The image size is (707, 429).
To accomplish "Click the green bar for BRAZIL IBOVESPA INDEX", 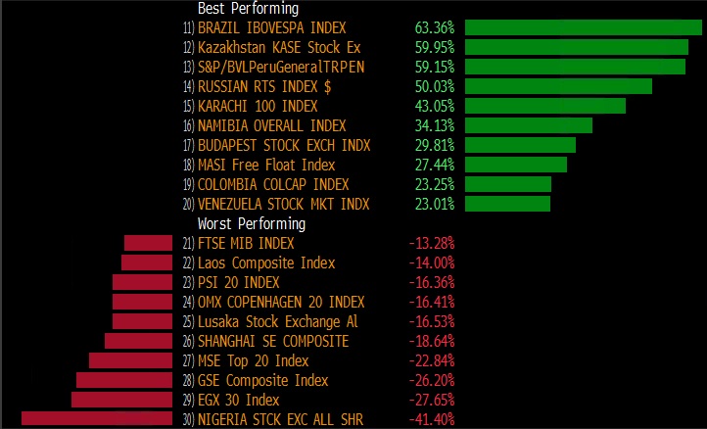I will (x=583, y=27).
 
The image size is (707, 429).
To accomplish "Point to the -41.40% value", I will (x=431, y=419).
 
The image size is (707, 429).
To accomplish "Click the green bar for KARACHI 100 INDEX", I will (x=545, y=106).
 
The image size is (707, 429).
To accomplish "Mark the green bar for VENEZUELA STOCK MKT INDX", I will (x=507, y=204).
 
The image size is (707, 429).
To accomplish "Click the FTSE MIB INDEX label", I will (x=246, y=243).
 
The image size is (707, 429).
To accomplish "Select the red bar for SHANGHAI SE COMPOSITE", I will (x=139, y=341).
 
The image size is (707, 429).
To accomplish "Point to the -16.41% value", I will (x=431, y=302).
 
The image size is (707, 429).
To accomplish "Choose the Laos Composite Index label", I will (x=266, y=262).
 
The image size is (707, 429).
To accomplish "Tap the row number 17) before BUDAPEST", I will (x=188, y=145).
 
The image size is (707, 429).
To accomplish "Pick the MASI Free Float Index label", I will (x=266, y=165).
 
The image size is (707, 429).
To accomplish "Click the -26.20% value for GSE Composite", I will (x=431, y=380).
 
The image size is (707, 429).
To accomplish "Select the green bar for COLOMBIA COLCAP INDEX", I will (x=508, y=184).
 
